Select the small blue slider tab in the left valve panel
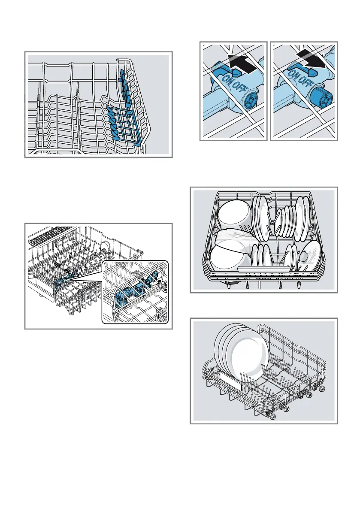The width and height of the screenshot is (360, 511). point(218,67)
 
